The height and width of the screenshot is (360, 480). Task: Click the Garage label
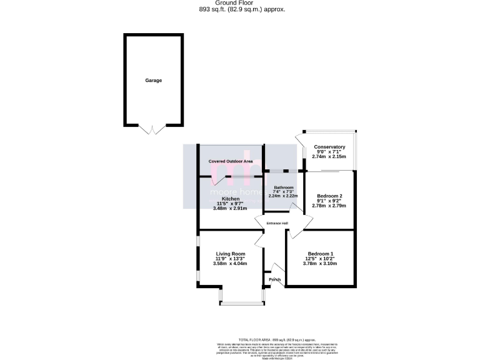(154, 81)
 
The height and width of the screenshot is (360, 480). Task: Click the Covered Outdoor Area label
(231, 161)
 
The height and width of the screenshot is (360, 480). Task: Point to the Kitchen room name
(214, 199)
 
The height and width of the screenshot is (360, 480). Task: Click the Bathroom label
(283, 187)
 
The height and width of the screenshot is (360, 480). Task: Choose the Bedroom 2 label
(329, 196)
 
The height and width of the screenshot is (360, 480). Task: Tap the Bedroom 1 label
(319, 253)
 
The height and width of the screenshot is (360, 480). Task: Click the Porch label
(274, 279)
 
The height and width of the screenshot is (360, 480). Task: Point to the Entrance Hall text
(277, 223)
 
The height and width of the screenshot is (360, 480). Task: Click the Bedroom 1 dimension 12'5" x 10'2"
(319, 259)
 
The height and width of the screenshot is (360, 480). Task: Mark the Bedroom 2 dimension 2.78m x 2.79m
(329, 206)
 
